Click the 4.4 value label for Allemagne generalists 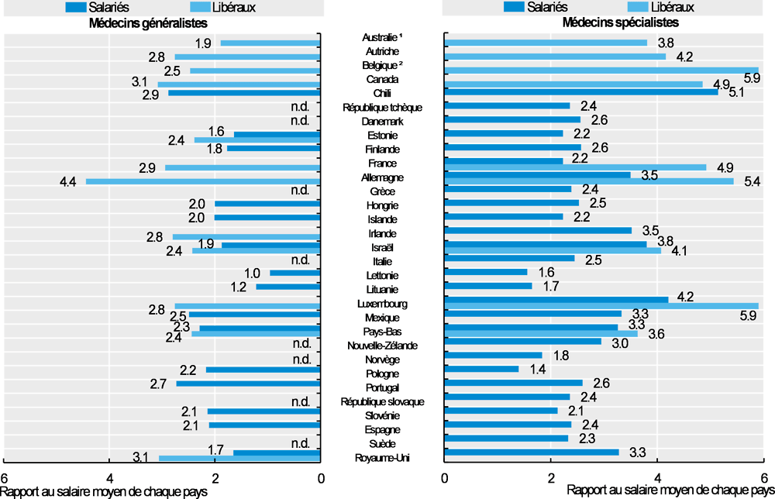[x=68, y=182]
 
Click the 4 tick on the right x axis [x=657, y=477]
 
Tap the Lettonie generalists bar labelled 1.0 [x=294, y=273]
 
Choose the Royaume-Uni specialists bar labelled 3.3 [x=532, y=453]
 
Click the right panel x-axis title [x=670, y=491]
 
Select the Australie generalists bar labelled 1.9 [x=270, y=43]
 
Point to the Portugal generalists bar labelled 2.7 [x=248, y=384]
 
